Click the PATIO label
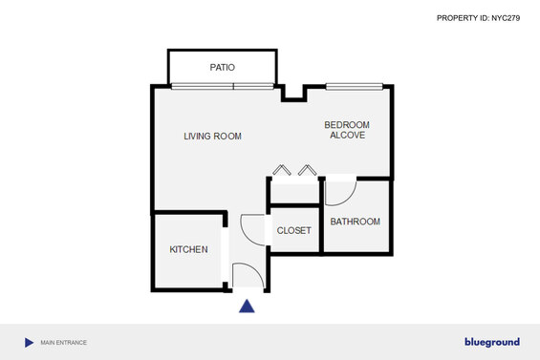222,67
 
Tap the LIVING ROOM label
212,137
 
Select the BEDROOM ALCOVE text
347,130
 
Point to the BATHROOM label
356,222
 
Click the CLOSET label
293,230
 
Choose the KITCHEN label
188,249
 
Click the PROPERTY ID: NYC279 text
478,18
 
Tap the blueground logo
492,342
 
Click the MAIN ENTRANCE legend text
64,343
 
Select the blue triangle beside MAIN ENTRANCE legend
29,343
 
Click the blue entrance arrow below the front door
247,307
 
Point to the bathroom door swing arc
349,199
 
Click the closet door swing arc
246,235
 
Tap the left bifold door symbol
282,170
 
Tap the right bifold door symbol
308,170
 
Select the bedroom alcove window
355,86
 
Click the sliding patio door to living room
223,86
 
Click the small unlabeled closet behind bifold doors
294,194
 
